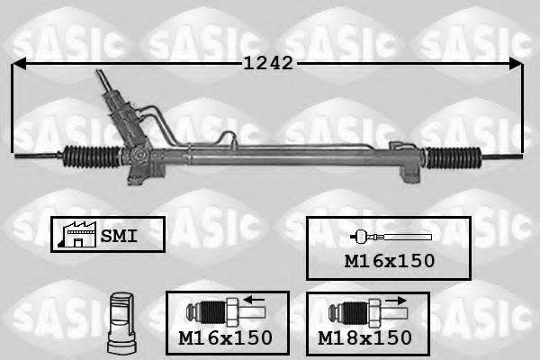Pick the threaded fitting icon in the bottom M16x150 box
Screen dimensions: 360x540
[x=216, y=313]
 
